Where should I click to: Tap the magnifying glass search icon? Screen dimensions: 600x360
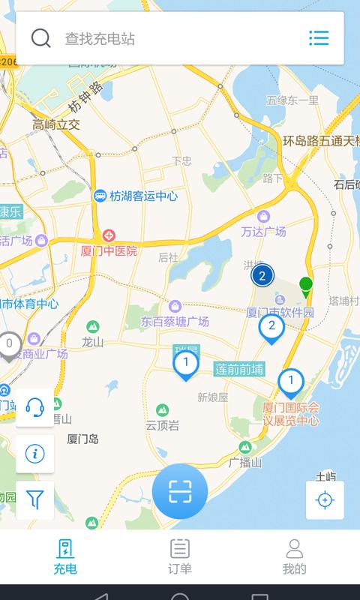point(41,38)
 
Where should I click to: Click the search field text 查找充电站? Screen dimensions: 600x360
point(100,39)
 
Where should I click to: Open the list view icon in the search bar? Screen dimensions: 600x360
point(319,38)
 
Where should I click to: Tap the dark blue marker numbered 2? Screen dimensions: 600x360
point(262,276)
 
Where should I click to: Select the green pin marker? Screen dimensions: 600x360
point(306,285)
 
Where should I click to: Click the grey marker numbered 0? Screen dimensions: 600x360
point(10,345)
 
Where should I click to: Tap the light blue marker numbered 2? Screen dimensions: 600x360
point(271,327)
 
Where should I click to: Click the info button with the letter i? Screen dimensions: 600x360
point(35,454)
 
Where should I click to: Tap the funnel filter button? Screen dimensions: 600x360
point(35,498)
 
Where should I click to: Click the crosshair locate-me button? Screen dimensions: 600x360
point(325,500)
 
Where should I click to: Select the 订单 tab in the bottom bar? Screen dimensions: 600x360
point(180,556)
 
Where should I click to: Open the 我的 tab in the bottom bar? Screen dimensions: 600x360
point(295,556)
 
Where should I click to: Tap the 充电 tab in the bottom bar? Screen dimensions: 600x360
point(65,556)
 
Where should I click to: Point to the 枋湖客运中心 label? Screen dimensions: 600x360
point(142,196)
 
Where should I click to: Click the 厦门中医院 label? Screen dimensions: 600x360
point(109,251)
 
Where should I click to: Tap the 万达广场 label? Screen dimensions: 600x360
point(263,232)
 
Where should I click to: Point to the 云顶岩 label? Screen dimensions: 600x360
point(162,425)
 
